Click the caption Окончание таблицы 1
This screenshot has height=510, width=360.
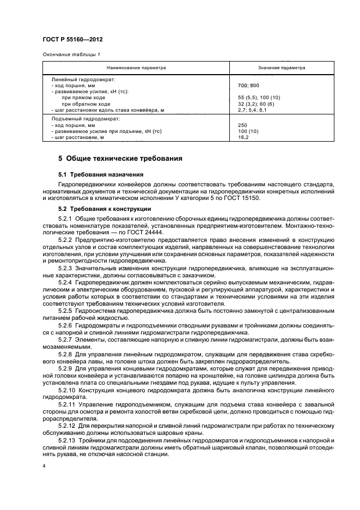(71, 53)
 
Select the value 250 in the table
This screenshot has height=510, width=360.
(243, 125)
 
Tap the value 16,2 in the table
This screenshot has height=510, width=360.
(244, 137)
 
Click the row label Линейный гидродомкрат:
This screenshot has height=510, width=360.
(80, 80)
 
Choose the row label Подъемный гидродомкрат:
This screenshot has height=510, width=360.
(81, 118)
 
